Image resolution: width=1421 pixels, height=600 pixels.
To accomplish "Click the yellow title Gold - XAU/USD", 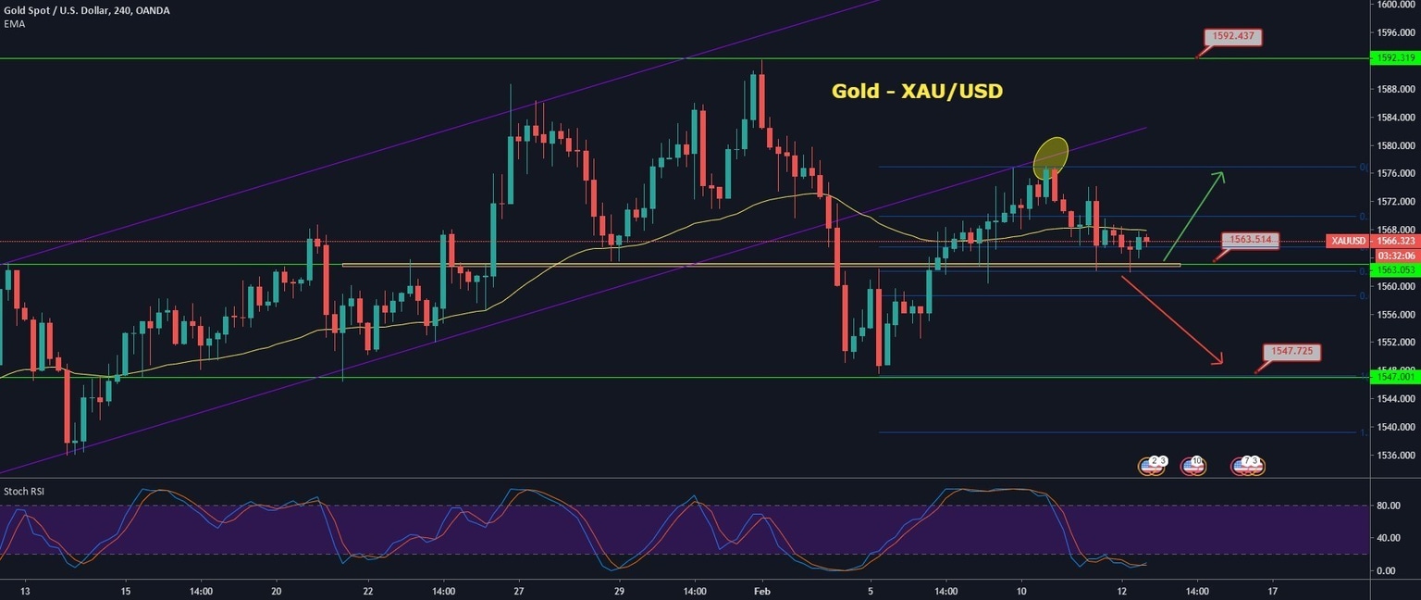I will click(917, 91).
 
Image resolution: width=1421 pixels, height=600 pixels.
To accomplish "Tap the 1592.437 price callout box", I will click(1232, 37).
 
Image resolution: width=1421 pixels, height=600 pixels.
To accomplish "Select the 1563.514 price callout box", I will click(1253, 240).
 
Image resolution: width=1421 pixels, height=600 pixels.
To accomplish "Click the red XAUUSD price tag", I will click(1345, 241).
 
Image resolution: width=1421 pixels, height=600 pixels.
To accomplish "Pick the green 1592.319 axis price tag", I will click(1395, 57).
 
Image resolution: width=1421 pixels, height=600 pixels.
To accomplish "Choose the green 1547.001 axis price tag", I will click(1395, 378).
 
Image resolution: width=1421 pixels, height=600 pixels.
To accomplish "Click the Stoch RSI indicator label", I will click(24, 492).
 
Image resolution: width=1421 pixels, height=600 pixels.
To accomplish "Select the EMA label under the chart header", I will click(14, 24).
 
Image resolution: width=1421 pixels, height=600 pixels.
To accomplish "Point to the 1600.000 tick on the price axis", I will click(1395, 4).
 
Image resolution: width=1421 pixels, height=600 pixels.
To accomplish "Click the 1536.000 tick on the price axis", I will click(1395, 456).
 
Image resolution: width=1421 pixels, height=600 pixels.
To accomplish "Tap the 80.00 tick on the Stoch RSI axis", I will click(1387, 506).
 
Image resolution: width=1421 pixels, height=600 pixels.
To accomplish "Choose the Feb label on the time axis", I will click(761, 590).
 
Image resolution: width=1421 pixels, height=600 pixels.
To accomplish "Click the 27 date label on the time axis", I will click(519, 590).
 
